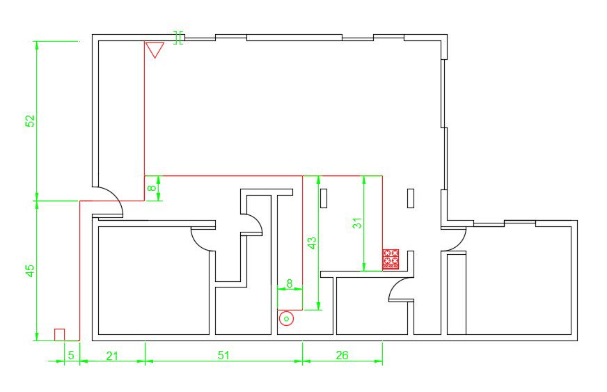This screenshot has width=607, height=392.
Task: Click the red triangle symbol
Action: (x=155, y=49)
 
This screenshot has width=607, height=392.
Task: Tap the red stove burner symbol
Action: (x=391, y=258)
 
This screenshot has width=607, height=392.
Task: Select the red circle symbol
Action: (x=285, y=319)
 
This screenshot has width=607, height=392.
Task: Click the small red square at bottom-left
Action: (x=60, y=335)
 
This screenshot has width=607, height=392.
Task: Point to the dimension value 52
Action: (x=30, y=120)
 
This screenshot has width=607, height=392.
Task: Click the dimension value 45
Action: (x=30, y=271)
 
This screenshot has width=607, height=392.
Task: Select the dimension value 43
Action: (x=313, y=243)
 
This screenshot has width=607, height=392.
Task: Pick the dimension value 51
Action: (x=223, y=355)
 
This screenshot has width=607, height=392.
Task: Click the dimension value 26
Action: (x=342, y=355)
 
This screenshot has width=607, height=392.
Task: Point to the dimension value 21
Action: (x=112, y=355)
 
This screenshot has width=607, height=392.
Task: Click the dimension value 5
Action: (x=70, y=355)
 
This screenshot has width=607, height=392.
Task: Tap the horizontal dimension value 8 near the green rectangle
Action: (x=290, y=283)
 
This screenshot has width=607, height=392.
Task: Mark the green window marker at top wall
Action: (x=179, y=38)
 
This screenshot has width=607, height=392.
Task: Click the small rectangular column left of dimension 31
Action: (x=324, y=198)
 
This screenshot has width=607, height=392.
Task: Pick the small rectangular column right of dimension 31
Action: (x=411, y=198)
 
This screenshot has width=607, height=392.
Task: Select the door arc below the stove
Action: (x=400, y=288)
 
